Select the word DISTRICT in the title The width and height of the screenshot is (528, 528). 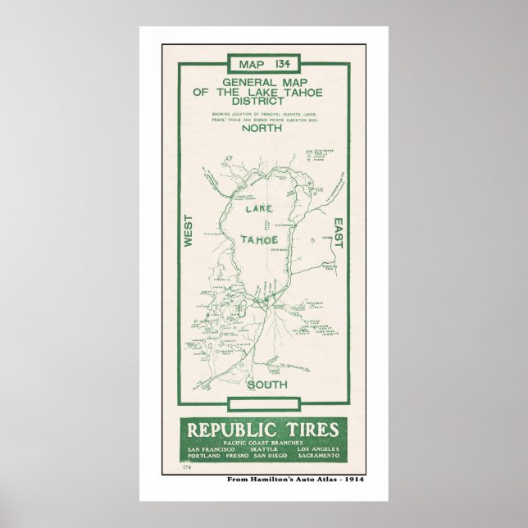tap(263, 103)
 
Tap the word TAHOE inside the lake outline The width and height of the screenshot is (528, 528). tap(261, 239)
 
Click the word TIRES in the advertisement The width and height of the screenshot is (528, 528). tap(313, 429)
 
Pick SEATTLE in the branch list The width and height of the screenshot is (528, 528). tap(262, 450)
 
